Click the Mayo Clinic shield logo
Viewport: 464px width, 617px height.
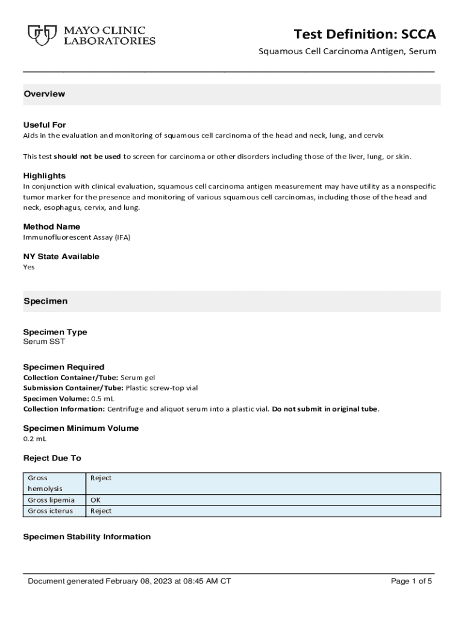coord(39,36)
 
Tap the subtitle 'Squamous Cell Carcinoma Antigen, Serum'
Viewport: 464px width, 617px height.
coord(347,52)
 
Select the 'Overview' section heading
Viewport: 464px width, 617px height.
coord(44,94)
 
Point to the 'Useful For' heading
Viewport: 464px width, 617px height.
coord(45,125)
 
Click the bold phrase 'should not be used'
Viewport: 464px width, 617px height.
coord(87,157)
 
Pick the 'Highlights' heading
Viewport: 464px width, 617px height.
coord(44,176)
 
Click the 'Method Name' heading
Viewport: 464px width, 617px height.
coord(51,227)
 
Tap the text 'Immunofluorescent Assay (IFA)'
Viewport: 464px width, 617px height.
coord(77,237)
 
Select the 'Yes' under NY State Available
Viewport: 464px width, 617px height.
coord(29,267)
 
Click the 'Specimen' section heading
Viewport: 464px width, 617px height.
coord(45,301)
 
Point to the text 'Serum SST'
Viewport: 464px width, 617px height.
coord(44,342)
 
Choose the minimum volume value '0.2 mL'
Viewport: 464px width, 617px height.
coord(35,439)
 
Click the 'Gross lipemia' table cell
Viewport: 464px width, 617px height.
coord(51,500)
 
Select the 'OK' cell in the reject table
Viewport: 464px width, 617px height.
coord(95,500)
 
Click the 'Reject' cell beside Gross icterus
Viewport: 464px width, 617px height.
coord(101,511)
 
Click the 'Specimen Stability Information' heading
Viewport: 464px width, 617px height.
coord(87,537)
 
